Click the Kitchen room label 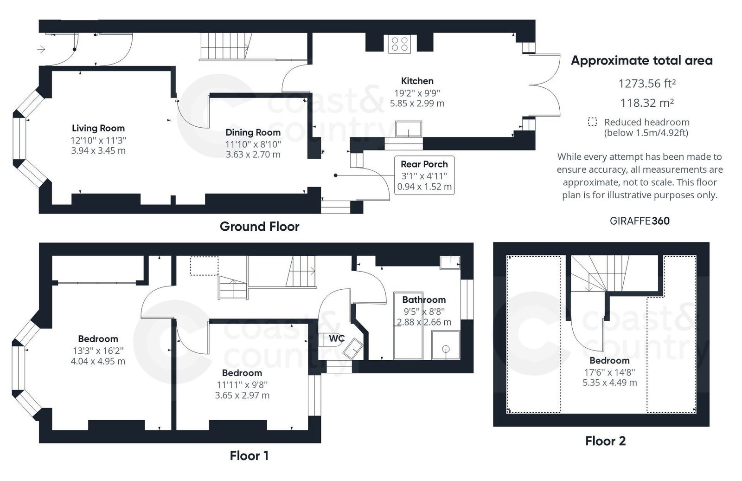pos(417,81)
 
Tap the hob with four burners pos(399,44)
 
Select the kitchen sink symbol pos(409,129)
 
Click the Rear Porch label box pos(424,175)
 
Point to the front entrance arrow pos(41,49)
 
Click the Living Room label pos(98,128)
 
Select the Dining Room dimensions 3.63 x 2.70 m pos(253,154)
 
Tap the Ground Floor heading pos(259,227)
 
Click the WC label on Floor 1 pos(336,338)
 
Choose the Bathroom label pos(424,299)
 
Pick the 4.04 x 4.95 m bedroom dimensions pos(98,361)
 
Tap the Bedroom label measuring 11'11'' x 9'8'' pos(242,373)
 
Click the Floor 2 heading pos(605,441)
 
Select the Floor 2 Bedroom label pos(609,361)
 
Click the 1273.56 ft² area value pos(646,84)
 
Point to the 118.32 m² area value pos(646,103)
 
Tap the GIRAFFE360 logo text pos(640,221)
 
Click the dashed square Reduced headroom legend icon pos(592,122)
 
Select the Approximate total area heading pos(641,60)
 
